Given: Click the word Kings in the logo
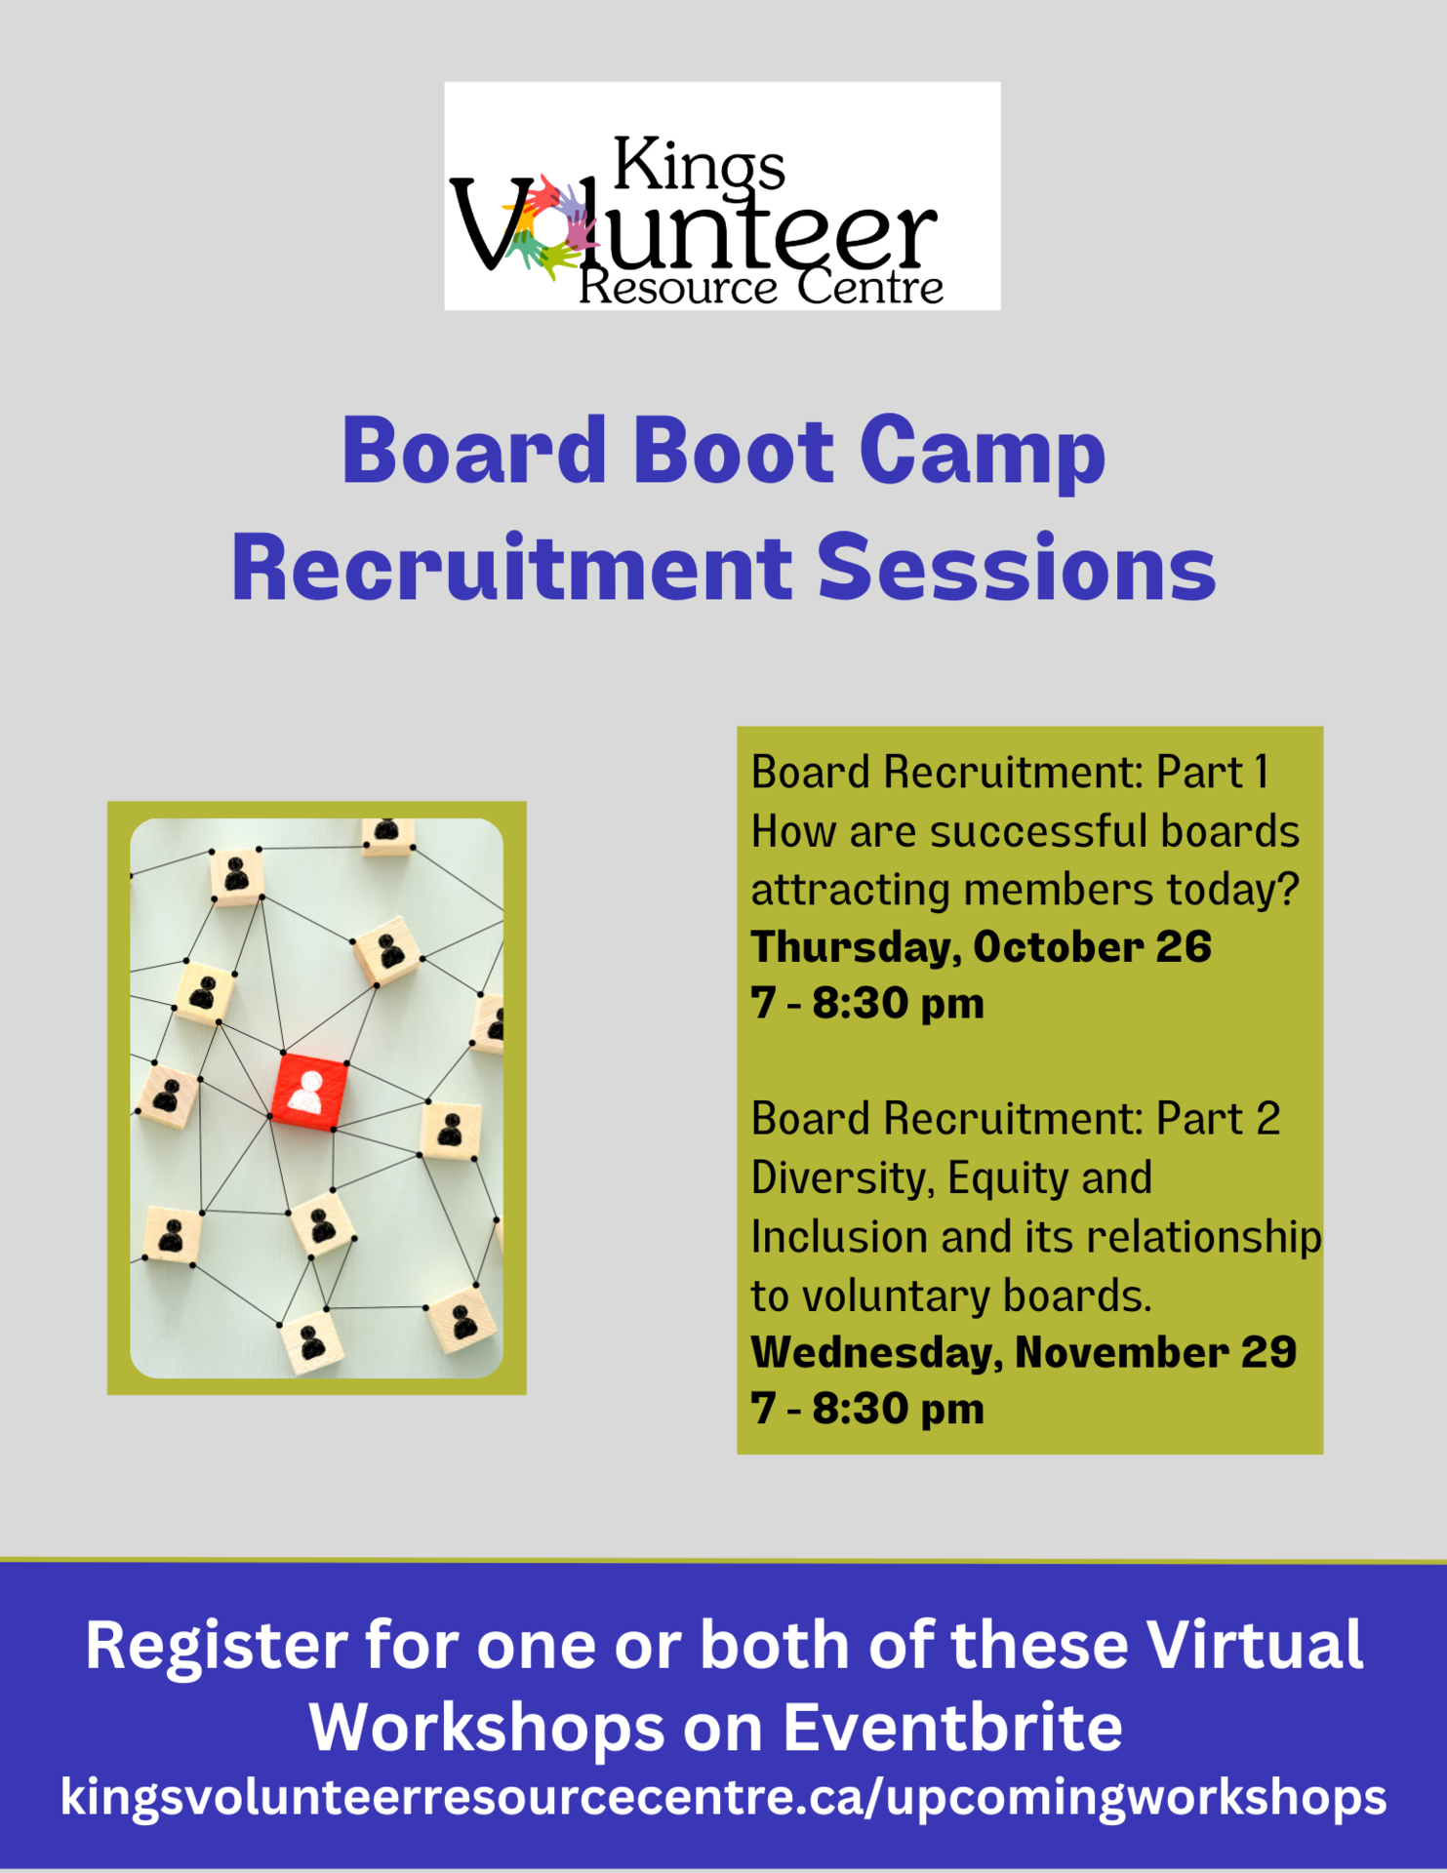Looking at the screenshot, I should [x=698, y=164].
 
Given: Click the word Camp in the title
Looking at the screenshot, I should [x=982, y=452].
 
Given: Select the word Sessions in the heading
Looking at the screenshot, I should [x=1016, y=568].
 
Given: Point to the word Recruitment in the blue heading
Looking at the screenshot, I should [x=511, y=568].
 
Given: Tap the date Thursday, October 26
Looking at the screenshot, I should [x=980, y=947].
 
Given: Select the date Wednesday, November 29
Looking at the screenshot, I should [x=1023, y=1352].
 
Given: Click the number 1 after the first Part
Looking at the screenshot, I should [x=1261, y=773].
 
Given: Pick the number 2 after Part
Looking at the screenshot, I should [x=1266, y=1119].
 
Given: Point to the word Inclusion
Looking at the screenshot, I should [x=837, y=1237].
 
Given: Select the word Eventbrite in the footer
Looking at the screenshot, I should [x=952, y=1728].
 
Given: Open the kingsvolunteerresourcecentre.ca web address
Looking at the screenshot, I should [x=723, y=1797].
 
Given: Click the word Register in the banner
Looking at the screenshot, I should [x=216, y=1645].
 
